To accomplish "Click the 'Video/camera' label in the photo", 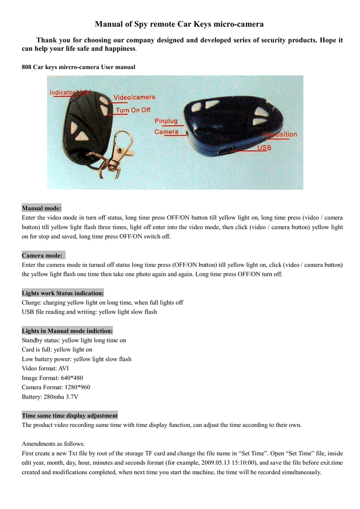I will tap(134, 97).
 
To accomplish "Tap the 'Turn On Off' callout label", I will tap(133, 110).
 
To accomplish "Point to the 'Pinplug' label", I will tap(166, 121).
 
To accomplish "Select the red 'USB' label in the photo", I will tap(264, 148).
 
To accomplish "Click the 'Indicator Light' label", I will tap(70, 93).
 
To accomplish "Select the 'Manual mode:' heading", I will tap(42, 208).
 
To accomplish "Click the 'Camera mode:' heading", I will tap(43, 255).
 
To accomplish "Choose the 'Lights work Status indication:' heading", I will tap(63, 293).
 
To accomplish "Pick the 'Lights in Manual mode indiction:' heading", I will tap(67, 331).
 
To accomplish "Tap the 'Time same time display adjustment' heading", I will tap(70, 416).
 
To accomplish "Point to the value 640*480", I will tap(71, 378).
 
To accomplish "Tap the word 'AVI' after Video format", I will tap(63, 368).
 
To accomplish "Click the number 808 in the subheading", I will tap(26, 67).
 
